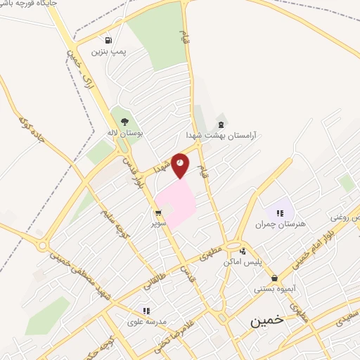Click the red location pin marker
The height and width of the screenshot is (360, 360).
click(x=181, y=164)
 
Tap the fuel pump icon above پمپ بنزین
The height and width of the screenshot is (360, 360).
click(x=108, y=39)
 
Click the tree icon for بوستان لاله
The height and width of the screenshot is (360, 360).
click(x=124, y=121)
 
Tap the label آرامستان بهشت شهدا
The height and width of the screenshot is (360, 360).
click(x=222, y=134)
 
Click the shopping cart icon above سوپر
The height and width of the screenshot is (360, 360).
click(x=158, y=212)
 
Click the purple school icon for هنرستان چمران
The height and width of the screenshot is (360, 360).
click(x=281, y=211)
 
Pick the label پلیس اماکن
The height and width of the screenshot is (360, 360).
click(x=243, y=262)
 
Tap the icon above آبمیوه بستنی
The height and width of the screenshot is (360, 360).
click(x=274, y=277)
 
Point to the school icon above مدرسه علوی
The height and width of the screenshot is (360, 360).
click(x=146, y=310)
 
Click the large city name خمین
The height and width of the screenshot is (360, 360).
click(x=267, y=320)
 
